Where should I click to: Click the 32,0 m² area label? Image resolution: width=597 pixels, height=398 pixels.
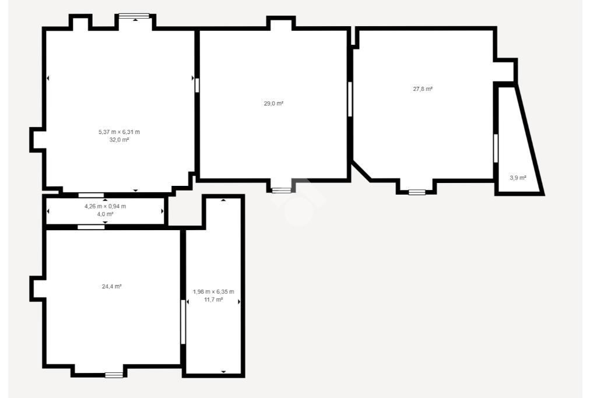coord(119,140)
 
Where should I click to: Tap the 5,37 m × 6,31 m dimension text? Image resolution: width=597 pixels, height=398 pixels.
coord(119,132)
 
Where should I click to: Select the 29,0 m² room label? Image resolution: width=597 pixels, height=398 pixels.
coord(274,104)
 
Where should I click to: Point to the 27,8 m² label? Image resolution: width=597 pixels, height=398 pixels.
coord(423,89)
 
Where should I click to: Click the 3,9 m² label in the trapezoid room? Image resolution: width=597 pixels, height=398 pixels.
coord(518,178)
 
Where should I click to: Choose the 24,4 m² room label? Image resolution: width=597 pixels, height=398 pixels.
coord(112,287)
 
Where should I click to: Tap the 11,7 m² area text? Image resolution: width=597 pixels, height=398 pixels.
coord(213,300)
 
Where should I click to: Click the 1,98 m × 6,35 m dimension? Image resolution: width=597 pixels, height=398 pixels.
coord(213,292)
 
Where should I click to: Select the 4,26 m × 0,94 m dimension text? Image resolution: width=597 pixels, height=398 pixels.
coord(105,206)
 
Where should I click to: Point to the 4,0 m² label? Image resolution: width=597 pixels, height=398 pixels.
coord(105,214)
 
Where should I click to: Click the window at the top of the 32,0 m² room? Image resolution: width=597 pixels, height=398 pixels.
coord(134,16)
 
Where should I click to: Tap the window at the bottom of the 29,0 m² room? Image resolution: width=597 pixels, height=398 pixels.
coord(282,190)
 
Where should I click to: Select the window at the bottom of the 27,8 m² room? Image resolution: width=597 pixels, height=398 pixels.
coord(417,192)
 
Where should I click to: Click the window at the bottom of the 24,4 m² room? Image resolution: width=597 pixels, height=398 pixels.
coord(114,375)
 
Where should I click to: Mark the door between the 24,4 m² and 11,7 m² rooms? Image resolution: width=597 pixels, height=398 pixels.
coord(183,322)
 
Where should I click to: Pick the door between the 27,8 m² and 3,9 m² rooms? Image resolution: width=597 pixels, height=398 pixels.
coord(496,149)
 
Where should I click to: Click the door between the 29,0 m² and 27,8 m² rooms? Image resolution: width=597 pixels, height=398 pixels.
coord(350,99)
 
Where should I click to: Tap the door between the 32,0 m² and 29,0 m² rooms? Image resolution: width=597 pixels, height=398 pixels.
coord(197,85)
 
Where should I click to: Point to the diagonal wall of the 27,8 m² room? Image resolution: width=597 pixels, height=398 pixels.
coord(361,171)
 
